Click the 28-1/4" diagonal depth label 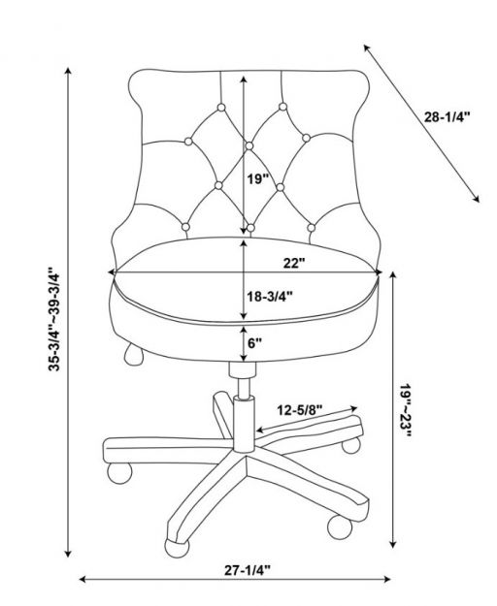[447, 116]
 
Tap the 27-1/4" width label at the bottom [248, 570]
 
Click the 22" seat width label [294, 263]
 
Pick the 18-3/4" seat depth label [270, 297]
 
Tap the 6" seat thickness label [255, 343]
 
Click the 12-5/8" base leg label [299, 410]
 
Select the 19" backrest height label [258, 179]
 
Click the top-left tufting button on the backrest [221, 107]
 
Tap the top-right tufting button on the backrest [282, 107]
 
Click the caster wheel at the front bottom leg [177, 548]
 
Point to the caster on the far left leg [119, 473]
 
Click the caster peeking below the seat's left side [133, 355]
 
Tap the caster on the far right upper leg [351, 445]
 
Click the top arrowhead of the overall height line [69, 71]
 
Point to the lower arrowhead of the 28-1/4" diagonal [477, 199]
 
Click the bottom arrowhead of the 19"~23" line [393, 544]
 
